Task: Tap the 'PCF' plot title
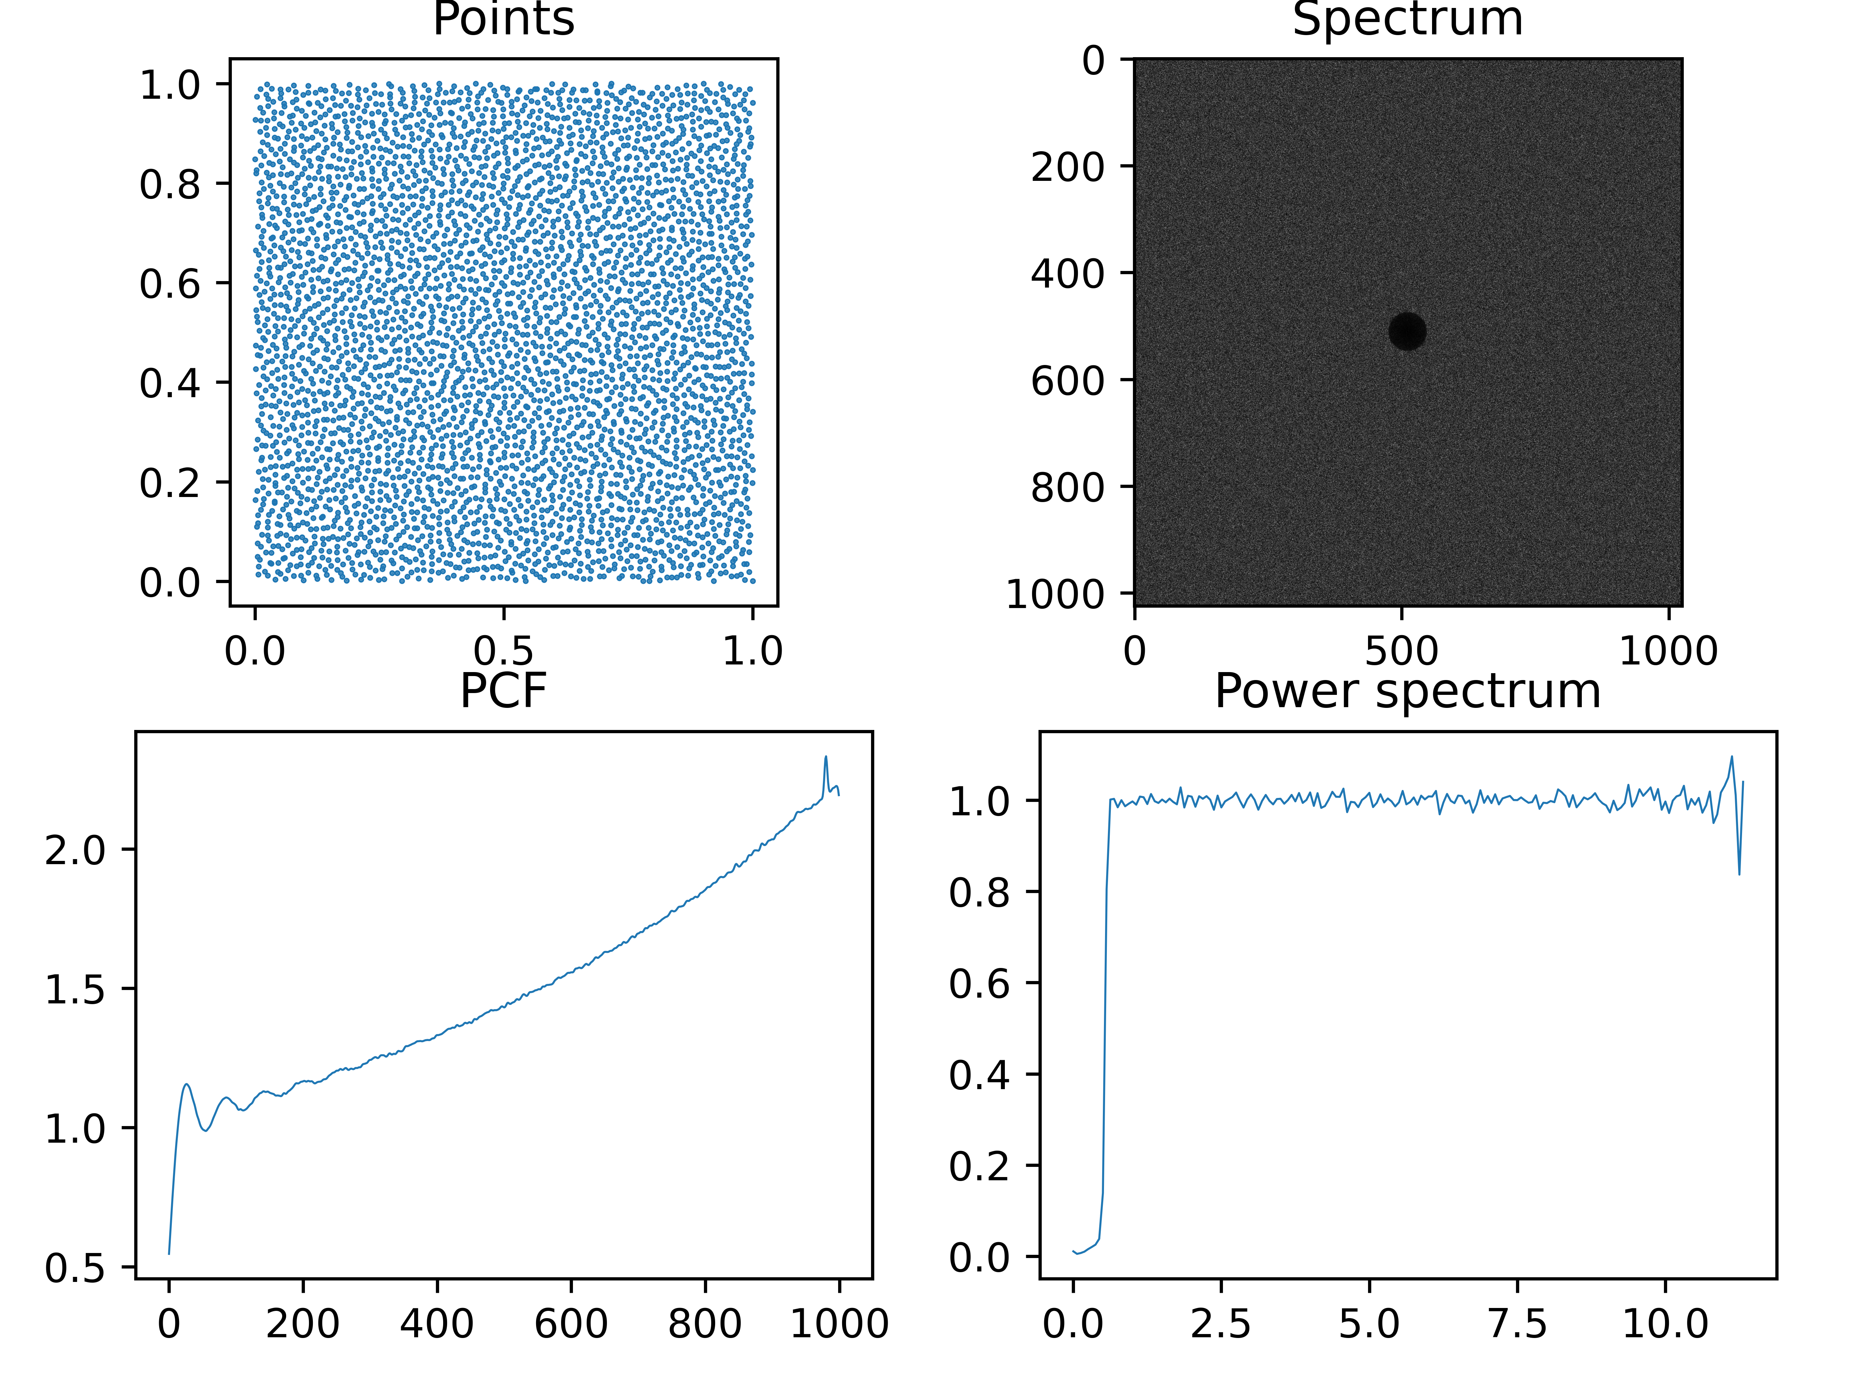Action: click(x=503, y=692)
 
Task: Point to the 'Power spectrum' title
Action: click(x=1407, y=692)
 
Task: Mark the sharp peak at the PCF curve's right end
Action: click(x=825, y=758)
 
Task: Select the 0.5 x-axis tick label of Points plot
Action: click(x=503, y=650)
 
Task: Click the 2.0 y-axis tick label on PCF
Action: click(x=75, y=851)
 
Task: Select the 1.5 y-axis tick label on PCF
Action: click(x=75, y=990)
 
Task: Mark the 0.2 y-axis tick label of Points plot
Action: click(x=170, y=483)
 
